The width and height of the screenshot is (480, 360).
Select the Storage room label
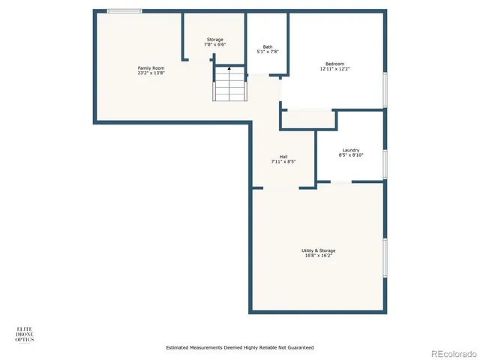214,40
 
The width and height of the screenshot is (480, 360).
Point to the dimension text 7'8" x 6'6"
214,45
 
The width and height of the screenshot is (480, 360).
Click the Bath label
268,46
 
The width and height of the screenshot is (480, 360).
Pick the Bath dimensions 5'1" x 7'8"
268,52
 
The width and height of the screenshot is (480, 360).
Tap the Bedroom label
334,64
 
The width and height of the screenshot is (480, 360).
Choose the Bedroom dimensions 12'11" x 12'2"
334,69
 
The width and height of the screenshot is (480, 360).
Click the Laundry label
350,150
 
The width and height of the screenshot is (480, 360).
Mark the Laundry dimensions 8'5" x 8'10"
350,155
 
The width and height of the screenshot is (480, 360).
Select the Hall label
283,157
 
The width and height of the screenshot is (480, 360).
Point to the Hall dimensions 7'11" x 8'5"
283,162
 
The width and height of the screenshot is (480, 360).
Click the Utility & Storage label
319,250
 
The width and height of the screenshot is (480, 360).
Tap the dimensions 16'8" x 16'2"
319,256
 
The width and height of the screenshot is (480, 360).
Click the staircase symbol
229,84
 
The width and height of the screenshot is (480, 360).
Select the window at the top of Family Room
124,11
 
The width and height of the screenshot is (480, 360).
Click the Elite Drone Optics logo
25,334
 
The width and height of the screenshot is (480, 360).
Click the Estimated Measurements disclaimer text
239,348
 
